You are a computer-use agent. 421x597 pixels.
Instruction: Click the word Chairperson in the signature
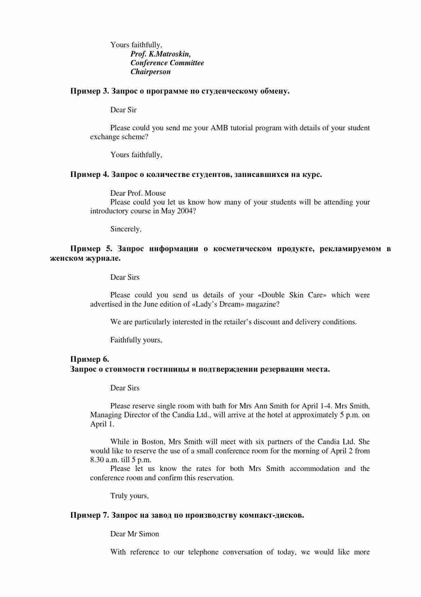pos(151,72)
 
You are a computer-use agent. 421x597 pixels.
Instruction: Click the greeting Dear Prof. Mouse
pos(138,193)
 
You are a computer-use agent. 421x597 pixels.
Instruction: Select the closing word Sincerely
pos(125,229)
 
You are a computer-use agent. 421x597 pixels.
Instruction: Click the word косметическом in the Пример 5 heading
pos(242,249)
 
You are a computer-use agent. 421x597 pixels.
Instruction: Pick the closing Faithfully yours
pos(136,340)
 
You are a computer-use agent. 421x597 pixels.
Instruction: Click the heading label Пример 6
pos(89,359)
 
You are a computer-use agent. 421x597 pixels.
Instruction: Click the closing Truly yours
pos(129,496)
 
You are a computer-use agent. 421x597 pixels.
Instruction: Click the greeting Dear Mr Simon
pos(135,534)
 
